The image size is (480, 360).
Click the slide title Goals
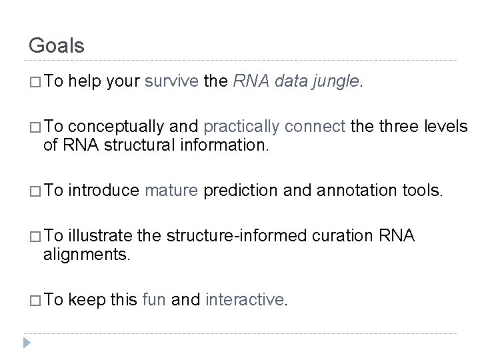57,45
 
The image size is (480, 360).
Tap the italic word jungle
338,82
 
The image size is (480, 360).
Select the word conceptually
117,127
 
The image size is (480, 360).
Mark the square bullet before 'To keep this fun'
34,301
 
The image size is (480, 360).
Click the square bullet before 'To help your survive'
34,83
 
